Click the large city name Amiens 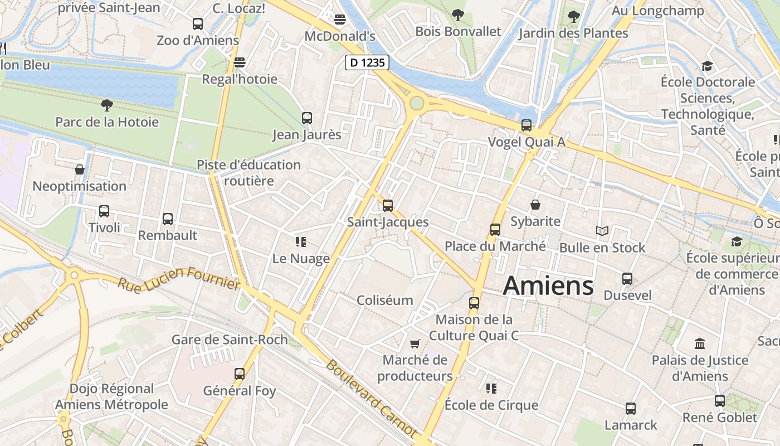click(x=548, y=286)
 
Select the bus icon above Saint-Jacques click(x=388, y=206)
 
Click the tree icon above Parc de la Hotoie click(x=106, y=105)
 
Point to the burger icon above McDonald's click(x=340, y=20)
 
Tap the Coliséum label click(x=385, y=300)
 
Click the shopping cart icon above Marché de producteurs click(x=415, y=343)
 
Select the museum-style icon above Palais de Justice click(x=700, y=343)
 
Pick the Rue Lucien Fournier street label click(x=178, y=278)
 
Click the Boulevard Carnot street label click(x=370, y=398)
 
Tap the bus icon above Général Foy click(x=240, y=374)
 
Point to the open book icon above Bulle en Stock click(x=602, y=231)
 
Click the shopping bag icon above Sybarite click(x=535, y=205)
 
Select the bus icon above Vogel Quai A click(x=526, y=125)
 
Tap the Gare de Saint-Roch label click(x=230, y=340)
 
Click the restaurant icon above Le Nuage click(x=301, y=242)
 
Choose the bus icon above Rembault click(x=168, y=219)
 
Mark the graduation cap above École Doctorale click(x=707, y=66)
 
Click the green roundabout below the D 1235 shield click(x=417, y=103)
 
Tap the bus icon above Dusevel click(x=627, y=279)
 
